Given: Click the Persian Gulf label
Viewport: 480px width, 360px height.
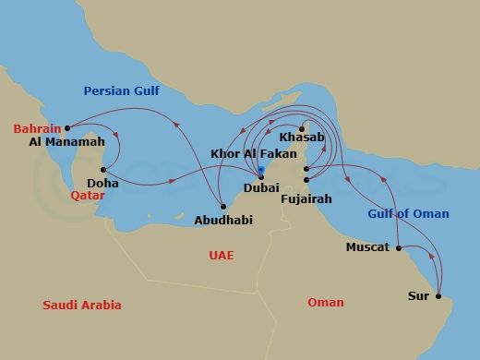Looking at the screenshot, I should [122, 90].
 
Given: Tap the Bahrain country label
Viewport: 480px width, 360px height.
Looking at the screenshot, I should [38, 128].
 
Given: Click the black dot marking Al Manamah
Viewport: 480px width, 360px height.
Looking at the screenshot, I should [67, 127].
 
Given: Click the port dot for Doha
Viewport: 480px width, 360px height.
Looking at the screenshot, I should [103, 170].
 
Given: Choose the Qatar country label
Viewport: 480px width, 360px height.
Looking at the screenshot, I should [88, 196].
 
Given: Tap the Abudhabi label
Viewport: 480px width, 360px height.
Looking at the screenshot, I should [223, 220].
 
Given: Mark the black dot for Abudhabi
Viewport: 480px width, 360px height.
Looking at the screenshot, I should [223, 206].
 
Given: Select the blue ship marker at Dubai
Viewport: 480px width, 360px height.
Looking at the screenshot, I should [261, 170].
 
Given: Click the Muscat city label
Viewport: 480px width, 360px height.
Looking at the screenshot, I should [367, 247].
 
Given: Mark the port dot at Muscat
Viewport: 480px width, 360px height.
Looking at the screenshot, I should [398, 247].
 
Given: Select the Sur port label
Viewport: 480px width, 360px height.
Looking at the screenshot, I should [418, 296].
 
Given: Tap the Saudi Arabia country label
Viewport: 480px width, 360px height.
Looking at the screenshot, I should [82, 305].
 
